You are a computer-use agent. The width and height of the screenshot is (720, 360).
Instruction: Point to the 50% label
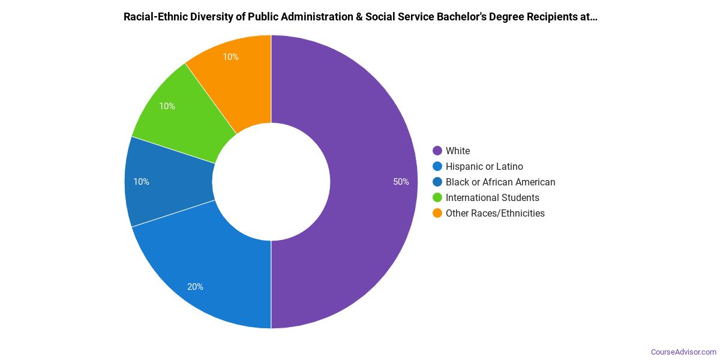[x=401, y=182]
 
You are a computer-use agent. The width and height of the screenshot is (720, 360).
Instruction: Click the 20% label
[x=195, y=287]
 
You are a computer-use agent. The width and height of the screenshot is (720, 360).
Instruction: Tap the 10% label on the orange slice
[x=230, y=57]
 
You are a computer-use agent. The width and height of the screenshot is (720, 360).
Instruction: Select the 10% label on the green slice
[x=167, y=106]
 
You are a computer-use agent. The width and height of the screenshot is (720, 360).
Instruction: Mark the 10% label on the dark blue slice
[x=142, y=182]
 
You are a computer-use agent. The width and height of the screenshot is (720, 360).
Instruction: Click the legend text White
[x=458, y=151]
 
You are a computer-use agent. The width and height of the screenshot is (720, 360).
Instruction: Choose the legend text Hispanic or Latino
[x=484, y=166]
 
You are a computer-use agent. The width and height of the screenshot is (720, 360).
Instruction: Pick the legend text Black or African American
[x=500, y=182]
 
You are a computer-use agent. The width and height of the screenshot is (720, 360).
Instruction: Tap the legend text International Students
[x=492, y=197]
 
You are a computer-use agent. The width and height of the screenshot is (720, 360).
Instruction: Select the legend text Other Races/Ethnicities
[x=495, y=213]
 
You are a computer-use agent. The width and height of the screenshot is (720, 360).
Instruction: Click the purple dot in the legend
[x=437, y=151]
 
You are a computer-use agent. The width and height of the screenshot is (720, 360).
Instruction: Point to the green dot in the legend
[x=437, y=197]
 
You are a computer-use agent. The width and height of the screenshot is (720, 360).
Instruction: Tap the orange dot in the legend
[x=437, y=213]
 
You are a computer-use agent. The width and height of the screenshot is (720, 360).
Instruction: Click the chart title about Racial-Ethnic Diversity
[x=360, y=17]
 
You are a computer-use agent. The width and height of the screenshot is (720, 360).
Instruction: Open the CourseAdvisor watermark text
[x=683, y=352]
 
